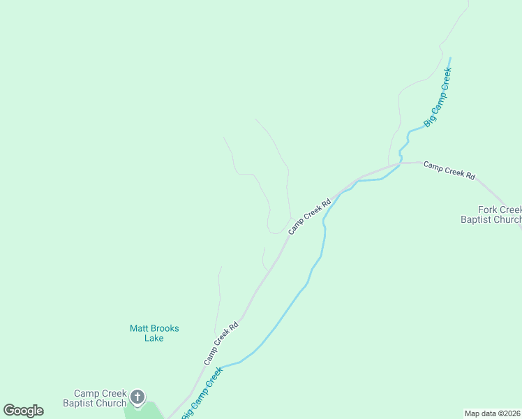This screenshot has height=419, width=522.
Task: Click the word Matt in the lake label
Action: click(x=140, y=328)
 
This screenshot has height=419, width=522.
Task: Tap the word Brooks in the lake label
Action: click(x=165, y=328)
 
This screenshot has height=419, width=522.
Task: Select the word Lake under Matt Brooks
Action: click(x=154, y=338)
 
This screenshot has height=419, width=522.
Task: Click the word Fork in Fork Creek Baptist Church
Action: click(x=487, y=209)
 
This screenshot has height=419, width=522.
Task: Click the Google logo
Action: click(x=23, y=411)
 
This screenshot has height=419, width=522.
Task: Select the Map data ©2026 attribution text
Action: click(x=492, y=413)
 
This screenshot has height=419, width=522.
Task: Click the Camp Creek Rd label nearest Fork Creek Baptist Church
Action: click(x=449, y=171)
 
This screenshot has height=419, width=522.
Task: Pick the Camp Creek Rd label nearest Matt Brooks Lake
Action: click(x=221, y=343)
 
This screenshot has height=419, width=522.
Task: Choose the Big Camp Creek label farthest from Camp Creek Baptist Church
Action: click(x=438, y=96)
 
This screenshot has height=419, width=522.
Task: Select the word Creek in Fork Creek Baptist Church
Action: click(x=509, y=209)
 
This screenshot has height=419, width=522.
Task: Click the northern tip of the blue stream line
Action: click(x=450, y=58)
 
